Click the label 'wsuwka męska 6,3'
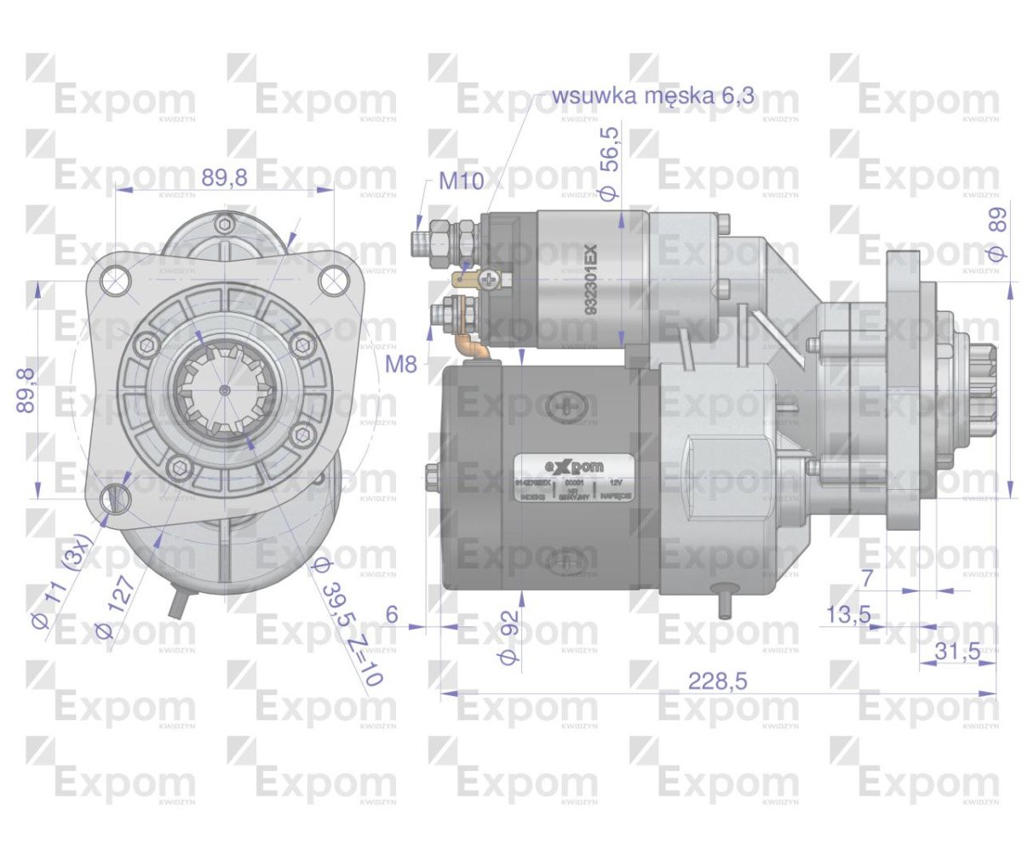(x=653, y=95)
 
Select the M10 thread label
(x=462, y=181)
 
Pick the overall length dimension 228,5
(x=717, y=681)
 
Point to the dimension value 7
(x=867, y=578)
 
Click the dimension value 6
(x=392, y=613)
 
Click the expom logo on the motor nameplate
(x=572, y=466)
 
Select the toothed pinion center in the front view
(x=224, y=389)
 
